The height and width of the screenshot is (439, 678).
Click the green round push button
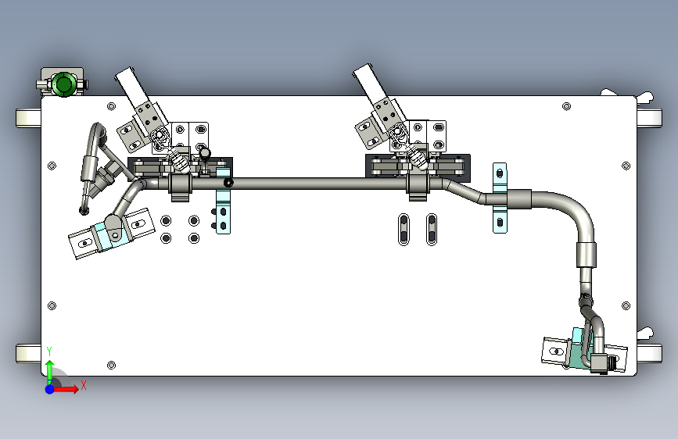coord(63,84)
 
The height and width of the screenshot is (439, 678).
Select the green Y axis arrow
coord(50,372)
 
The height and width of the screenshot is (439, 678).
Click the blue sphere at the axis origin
coord(50,389)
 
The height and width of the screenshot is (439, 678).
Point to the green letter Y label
coord(49,352)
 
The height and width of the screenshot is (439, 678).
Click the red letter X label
coord(84,385)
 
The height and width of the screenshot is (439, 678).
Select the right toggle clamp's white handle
coord(369,84)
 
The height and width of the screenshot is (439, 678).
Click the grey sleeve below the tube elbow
coord(587,255)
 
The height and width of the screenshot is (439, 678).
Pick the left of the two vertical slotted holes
coord(404,230)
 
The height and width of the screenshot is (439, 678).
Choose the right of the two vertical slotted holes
coord(432,230)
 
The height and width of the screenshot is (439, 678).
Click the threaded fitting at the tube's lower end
coord(602,363)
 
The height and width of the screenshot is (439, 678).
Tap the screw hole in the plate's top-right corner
coord(566,106)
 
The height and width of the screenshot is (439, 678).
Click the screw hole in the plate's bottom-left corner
coord(111,365)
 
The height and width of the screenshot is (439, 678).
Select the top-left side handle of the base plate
coord(28,118)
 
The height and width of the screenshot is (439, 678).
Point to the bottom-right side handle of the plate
coord(650,353)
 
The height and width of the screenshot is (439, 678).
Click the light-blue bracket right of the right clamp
coord(500,198)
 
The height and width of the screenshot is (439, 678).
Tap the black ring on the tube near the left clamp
coord(228,183)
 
